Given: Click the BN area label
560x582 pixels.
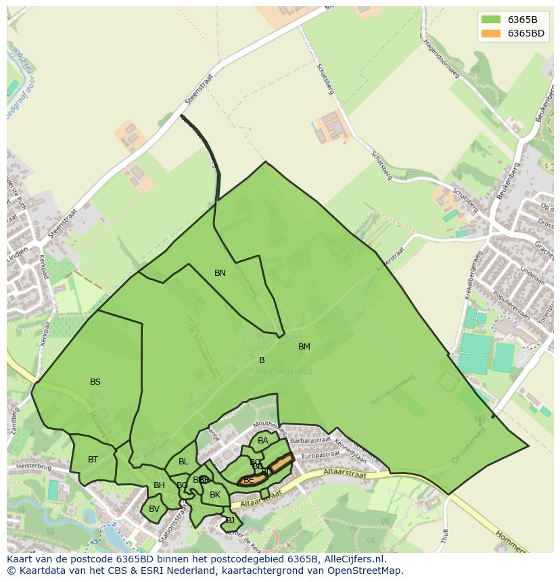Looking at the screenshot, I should tap(220, 273).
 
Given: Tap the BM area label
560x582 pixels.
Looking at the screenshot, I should tap(304, 347).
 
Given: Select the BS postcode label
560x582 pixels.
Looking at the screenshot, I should tap(95, 382).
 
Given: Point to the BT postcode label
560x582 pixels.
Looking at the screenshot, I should tap(93, 460).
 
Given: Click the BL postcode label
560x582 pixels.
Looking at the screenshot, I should tap(183, 462).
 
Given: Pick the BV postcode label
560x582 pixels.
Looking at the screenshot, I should tap(154, 509).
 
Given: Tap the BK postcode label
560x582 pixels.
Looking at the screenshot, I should tap(215, 495).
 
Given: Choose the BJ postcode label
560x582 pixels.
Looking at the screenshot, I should tap(230, 520).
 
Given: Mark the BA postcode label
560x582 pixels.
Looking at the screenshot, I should tap(263, 441).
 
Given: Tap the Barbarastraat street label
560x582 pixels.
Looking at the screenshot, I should tap(310, 439).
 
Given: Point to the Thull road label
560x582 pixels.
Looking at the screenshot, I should tap(444, 537).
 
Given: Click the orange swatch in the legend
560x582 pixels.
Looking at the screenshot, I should tap(491, 33).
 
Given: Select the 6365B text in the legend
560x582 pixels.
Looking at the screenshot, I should tap(522, 20).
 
